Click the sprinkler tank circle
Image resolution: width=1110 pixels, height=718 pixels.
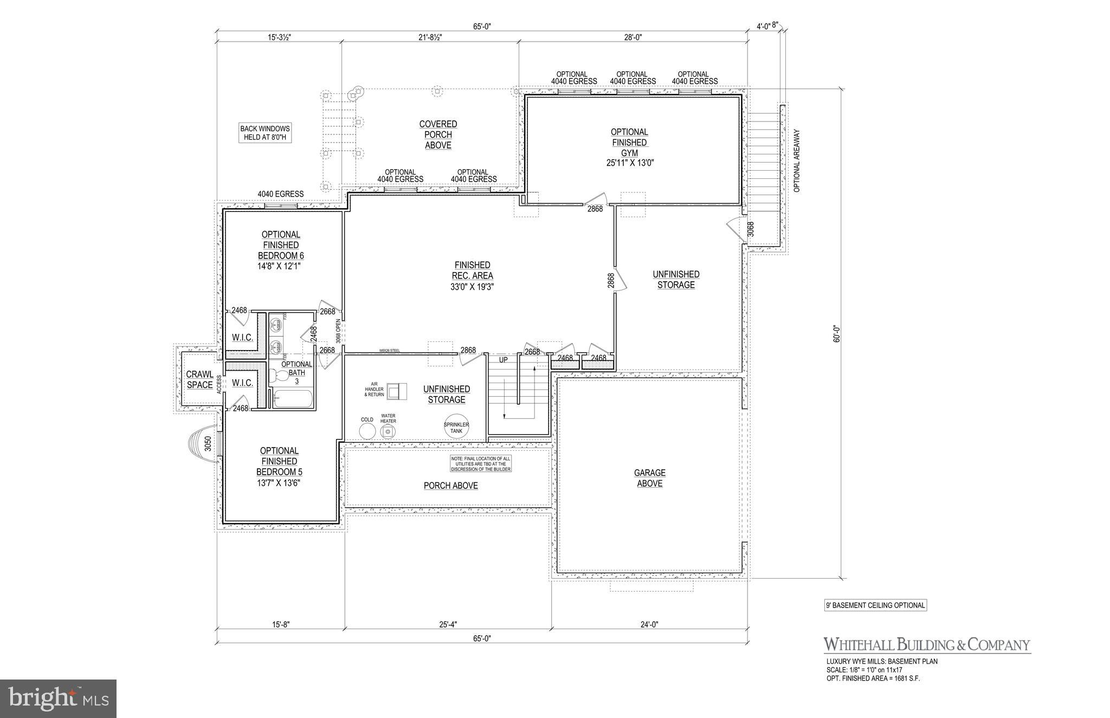456,427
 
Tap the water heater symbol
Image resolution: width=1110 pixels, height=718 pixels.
388,432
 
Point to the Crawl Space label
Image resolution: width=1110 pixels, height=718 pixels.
199,379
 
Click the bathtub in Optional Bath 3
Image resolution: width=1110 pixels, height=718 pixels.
293,399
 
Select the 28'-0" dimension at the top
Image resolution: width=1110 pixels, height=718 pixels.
633,37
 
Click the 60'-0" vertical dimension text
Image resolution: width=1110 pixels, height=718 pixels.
837,333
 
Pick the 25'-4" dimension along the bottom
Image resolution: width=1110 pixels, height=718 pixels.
448,624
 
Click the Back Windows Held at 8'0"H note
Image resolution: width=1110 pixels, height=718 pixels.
265,133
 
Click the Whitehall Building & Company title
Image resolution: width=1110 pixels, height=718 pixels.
927,644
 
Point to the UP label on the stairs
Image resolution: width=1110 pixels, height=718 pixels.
503,360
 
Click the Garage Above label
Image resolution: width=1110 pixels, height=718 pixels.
649,478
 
